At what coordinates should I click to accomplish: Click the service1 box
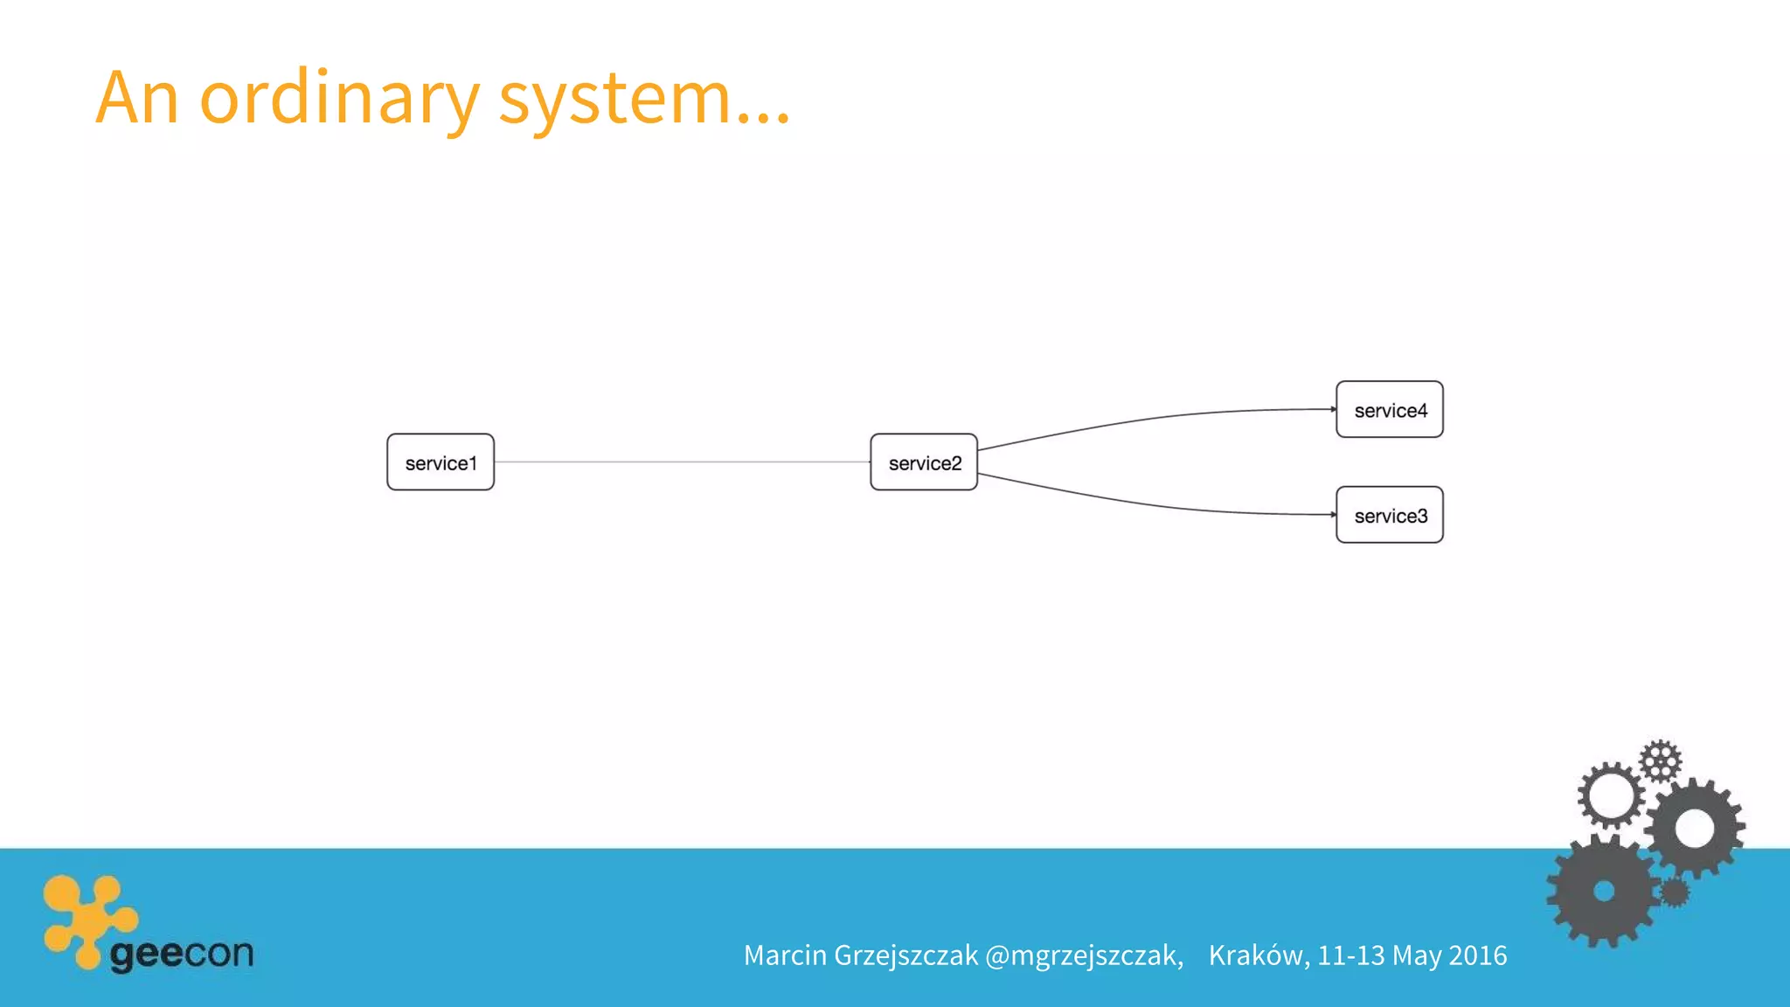coord(441,462)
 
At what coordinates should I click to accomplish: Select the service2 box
coord(924,462)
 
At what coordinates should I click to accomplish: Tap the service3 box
coord(1389,515)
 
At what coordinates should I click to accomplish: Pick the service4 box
coord(1389,409)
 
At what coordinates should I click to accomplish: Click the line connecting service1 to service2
coord(682,462)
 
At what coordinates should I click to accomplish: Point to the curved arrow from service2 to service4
coord(1154,420)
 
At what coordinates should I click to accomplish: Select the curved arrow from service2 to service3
coord(1154,504)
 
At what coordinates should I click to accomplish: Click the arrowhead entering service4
coord(1333,409)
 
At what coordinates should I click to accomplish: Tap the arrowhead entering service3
coord(1333,515)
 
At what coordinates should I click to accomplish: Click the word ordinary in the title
coord(339,99)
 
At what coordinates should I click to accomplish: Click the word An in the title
coord(137,97)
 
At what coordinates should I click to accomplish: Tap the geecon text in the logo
coord(182,953)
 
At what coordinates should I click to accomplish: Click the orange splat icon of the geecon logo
coord(87,918)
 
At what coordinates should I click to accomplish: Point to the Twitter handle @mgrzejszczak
coord(1084,955)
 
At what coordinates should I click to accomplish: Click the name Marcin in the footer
coord(785,955)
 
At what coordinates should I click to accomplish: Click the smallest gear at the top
coord(1660,760)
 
